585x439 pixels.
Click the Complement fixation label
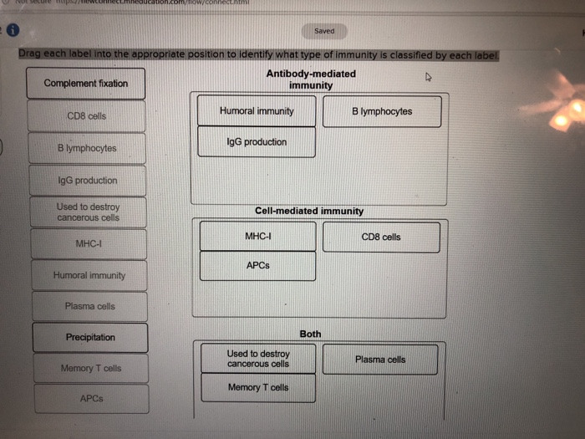coord(86,84)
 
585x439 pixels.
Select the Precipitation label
coord(90,338)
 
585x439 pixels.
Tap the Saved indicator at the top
coord(324,31)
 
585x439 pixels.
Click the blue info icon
coord(13,30)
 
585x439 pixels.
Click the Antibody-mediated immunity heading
coord(311,79)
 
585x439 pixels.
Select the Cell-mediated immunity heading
coord(309,212)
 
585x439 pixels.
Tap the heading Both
coord(310,334)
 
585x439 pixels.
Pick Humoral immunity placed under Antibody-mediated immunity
coord(257,111)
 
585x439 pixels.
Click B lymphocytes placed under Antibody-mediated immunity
coord(382,111)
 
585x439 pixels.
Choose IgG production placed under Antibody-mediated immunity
coord(257,142)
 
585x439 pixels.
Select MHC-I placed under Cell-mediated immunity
coord(257,237)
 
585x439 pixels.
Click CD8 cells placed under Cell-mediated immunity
coord(381,237)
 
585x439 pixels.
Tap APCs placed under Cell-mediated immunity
coord(257,266)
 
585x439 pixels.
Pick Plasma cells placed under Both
coord(380,360)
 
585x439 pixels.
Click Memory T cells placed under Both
coord(258,388)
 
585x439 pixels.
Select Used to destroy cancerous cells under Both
coord(258,359)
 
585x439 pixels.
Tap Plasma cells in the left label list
coord(90,307)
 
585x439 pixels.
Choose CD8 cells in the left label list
coord(87,116)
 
